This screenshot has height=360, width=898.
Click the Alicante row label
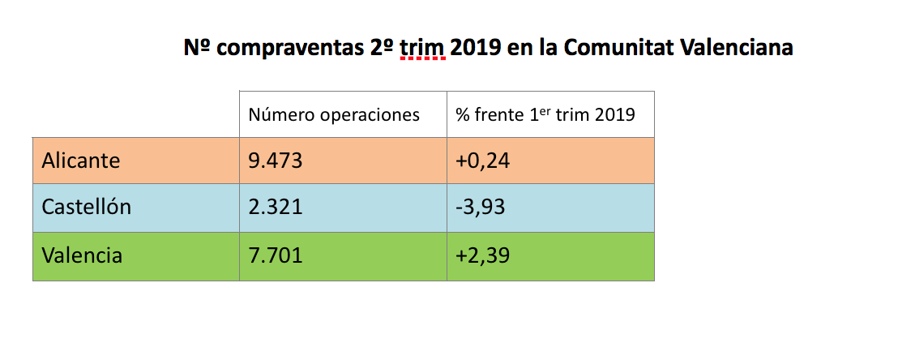81,161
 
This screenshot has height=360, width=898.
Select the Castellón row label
87,208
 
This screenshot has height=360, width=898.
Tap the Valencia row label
83,255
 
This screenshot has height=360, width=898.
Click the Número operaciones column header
334,115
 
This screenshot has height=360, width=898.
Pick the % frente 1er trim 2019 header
545,115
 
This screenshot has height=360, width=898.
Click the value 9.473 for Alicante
276,161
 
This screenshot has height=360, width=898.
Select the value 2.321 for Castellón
276,208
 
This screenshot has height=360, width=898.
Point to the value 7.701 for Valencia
276,255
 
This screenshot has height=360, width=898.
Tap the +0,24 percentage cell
482,161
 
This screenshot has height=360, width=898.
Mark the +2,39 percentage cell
482,255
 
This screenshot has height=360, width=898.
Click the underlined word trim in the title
422,49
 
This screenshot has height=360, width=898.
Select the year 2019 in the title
476,49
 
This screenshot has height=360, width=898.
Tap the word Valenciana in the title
737,49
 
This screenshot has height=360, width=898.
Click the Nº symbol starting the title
197,49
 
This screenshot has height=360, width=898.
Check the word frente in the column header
496,115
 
